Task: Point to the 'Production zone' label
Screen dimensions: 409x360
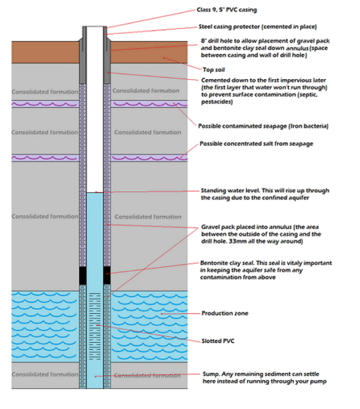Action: point(225,314)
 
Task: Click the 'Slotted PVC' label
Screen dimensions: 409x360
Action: point(218,341)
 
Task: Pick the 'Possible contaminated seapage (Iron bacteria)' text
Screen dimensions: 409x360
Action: point(263,126)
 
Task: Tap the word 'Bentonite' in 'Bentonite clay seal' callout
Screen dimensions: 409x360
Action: point(217,263)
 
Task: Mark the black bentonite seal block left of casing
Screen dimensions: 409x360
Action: point(82,275)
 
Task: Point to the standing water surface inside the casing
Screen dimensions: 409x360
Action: point(94,192)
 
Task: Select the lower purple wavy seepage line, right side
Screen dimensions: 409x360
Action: point(150,155)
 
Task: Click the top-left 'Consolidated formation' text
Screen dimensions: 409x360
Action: point(42,91)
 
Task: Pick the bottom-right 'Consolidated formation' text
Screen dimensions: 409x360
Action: point(147,374)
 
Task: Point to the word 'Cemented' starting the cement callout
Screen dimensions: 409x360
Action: point(216,79)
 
